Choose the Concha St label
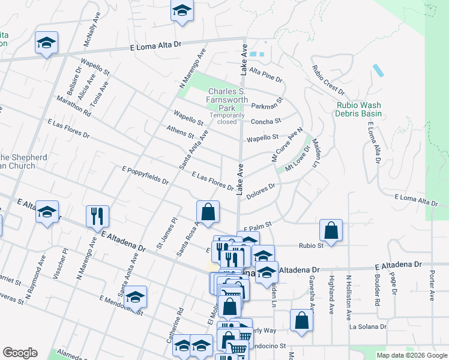266,121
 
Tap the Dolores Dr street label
261,188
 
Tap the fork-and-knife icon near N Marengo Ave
97,216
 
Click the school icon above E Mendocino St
136,296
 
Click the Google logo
20,353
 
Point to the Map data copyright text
411,355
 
